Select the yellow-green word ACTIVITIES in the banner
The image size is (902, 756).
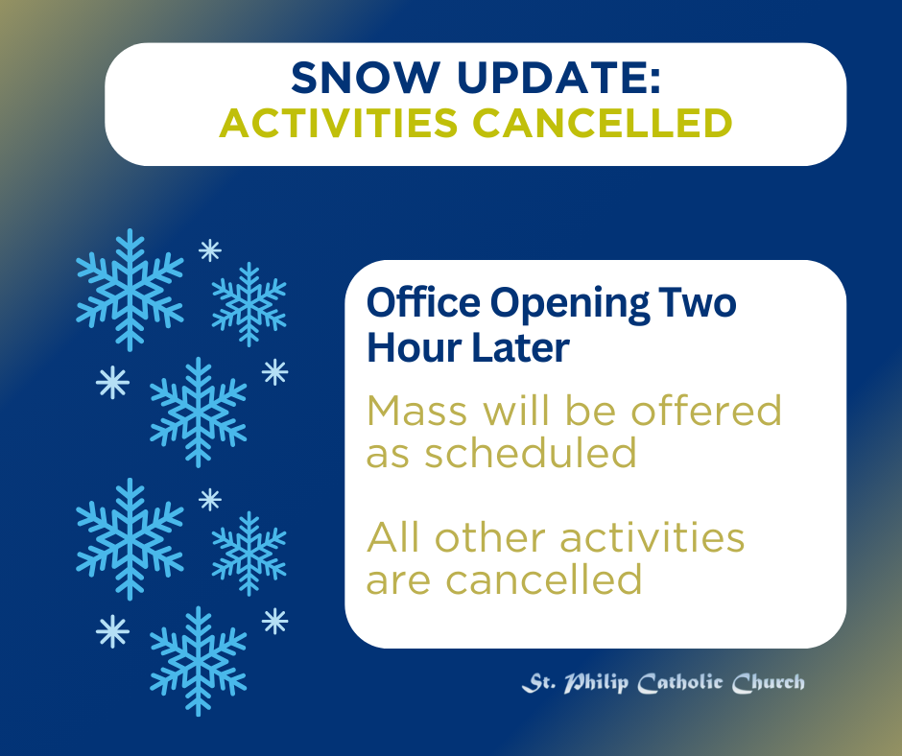tap(339, 123)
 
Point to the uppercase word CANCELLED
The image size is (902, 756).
tap(603, 123)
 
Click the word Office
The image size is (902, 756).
tap(423, 302)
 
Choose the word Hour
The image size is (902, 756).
tap(415, 348)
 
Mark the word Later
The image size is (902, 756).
tap(521, 348)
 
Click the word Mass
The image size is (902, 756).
tap(417, 411)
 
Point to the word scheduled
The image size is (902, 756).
tap(531, 452)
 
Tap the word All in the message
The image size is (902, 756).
tap(392, 537)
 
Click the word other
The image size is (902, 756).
tap(490, 537)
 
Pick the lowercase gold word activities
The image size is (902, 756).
tap(653, 537)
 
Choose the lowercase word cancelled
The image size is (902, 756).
tap(544, 579)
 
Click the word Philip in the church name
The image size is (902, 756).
tap(596, 683)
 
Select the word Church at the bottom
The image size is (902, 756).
tap(769, 683)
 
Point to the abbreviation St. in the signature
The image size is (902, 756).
tap(539, 683)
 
